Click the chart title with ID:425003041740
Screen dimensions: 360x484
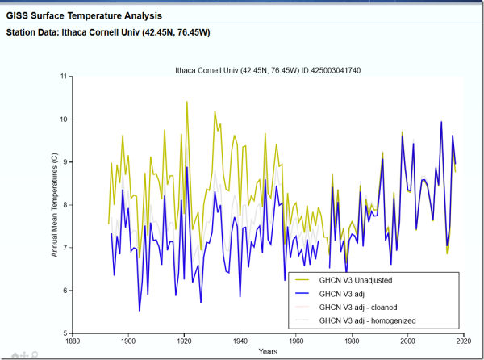pos(269,69)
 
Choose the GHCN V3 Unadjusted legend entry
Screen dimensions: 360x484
pos(354,279)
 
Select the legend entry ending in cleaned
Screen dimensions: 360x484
pos(358,307)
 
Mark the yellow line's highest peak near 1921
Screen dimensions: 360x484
pos(187,103)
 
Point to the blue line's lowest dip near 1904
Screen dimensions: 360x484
pos(140,310)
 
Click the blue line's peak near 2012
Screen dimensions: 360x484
pos(441,122)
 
